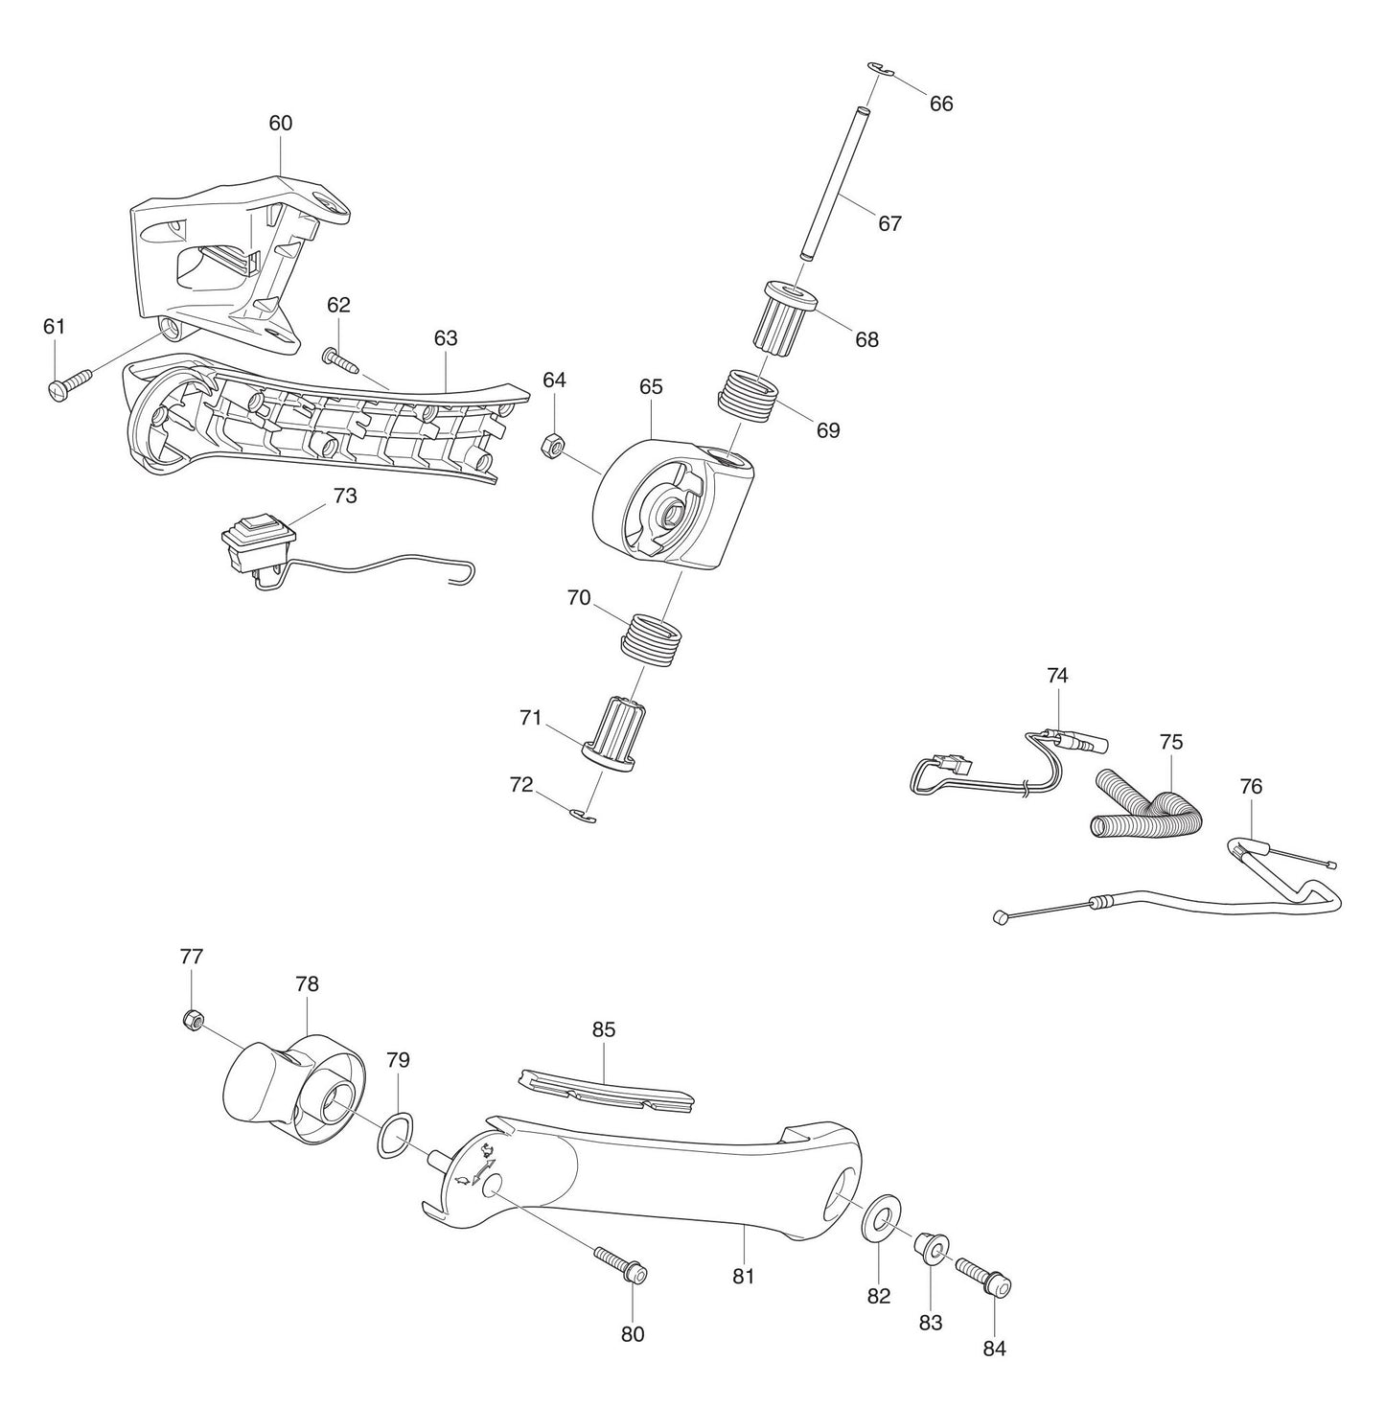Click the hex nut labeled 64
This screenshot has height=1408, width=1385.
[x=553, y=445]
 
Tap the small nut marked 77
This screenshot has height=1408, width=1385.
[x=191, y=1020]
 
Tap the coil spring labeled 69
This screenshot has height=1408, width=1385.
[x=750, y=394]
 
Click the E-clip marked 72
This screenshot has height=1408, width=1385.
[x=583, y=816]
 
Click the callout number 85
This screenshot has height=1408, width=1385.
[x=604, y=1030]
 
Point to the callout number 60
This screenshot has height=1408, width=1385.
[x=281, y=123]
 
